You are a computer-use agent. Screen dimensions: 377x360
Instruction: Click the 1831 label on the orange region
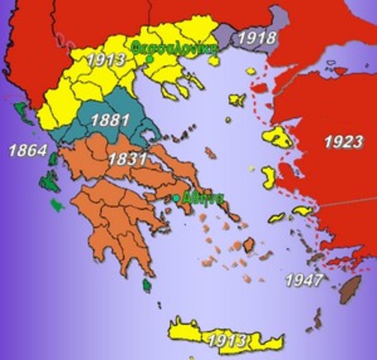[x=122, y=160]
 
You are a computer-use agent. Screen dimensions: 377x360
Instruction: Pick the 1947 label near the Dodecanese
[x=304, y=281]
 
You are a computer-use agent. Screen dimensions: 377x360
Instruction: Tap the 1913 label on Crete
[x=226, y=340]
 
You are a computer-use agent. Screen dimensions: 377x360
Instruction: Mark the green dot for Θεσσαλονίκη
[x=150, y=58]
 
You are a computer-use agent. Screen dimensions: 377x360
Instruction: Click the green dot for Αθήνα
[x=176, y=198]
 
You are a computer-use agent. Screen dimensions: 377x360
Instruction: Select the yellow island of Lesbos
[x=279, y=137]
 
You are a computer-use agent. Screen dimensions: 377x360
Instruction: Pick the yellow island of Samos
[x=302, y=211]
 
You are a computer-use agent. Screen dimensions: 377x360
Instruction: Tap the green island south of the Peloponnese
[x=147, y=284]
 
